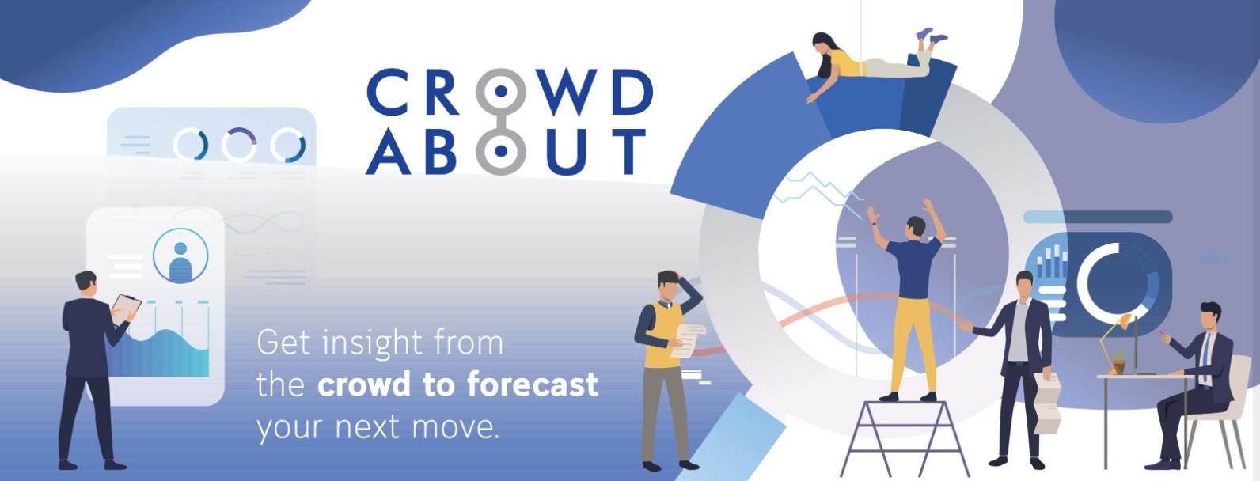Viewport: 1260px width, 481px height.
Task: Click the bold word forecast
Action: (x=533, y=384)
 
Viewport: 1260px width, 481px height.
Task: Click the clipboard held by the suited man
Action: (x=125, y=309)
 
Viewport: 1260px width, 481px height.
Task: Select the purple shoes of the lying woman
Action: (x=931, y=36)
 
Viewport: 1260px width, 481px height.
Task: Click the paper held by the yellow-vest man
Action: (x=688, y=340)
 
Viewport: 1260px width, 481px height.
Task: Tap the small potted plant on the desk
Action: (x=1118, y=362)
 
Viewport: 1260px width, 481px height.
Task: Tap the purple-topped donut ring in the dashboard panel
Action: (x=239, y=145)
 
